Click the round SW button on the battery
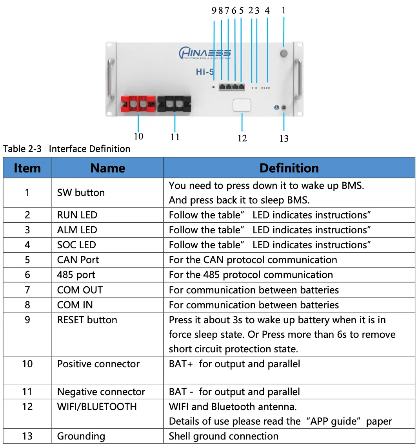coord(284,53)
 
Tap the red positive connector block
coord(138,104)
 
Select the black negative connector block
coord(174,104)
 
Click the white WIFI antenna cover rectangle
coord(242,105)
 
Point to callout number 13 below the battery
coord(284,139)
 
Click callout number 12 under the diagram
coord(242,138)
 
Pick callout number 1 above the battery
coord(284,10)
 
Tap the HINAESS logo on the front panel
coord(205,53)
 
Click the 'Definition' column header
coord(289,168)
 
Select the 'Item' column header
coord(27,168)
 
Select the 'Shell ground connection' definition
coord(224,436)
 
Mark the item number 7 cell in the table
coord(27,290)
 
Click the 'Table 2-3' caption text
coord(22,149)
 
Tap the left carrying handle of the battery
coord(111,79)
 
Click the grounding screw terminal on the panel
coord(284,108)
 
